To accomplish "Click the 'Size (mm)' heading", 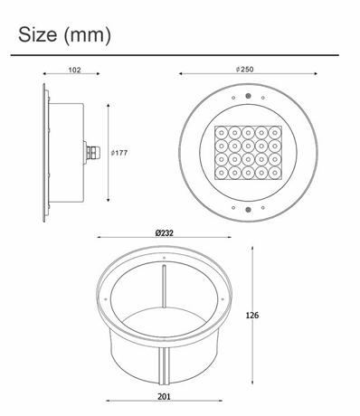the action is tap(64, 35).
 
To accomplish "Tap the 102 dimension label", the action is tap(74, 70).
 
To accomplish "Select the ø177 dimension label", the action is tap(119, 153).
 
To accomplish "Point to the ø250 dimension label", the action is tap(245, 70).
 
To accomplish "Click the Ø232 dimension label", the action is tap(165, 232).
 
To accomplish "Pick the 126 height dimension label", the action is tap(252, 316).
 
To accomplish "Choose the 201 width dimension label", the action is tap(164, 397).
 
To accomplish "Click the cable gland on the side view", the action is tap(89, 153).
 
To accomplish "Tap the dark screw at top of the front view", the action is tap(248, 96).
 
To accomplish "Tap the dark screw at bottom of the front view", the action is tap(248, 210).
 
